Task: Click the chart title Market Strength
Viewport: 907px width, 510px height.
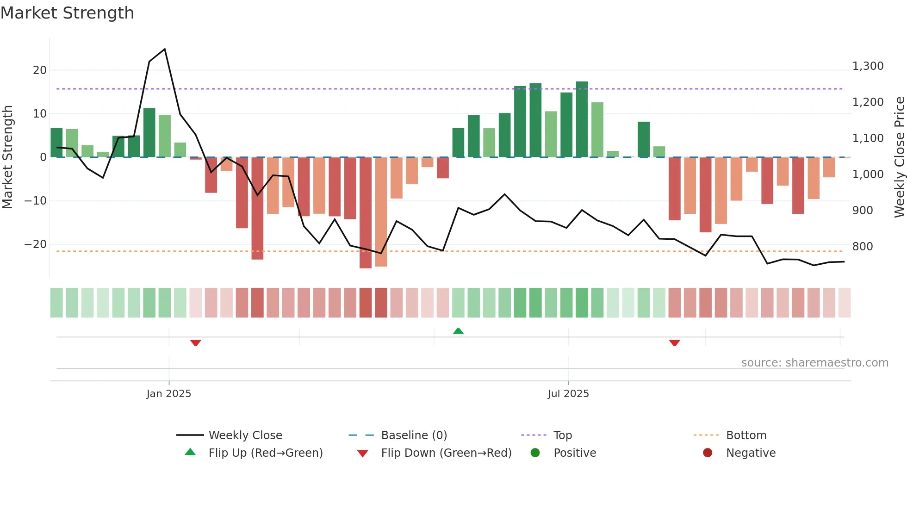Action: point(67,13)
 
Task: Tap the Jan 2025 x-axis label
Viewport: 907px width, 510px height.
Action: point(168,394)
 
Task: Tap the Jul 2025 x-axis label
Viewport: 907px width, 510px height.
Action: point(568,394)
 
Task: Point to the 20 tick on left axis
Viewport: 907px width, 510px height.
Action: point(40,70)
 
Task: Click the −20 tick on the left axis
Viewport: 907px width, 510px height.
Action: point(36,244)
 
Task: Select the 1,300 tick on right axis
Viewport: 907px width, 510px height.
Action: point(868,66)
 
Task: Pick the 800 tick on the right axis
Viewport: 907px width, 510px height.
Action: point(863,247)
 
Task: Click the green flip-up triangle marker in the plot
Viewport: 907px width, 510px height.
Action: point(458,331)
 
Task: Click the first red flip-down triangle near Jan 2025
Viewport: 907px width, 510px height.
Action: point(196,343)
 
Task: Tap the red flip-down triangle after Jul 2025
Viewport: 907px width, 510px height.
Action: point(674,343)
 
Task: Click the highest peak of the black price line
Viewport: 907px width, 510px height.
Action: point(165,49)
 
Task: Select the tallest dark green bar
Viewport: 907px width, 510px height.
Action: point(582,119)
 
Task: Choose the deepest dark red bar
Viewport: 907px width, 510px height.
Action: point(366,213)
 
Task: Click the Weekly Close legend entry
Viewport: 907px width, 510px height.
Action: point(245,435)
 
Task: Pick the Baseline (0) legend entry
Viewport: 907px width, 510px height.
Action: point(414,435)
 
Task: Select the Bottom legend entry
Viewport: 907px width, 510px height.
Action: point(746,435)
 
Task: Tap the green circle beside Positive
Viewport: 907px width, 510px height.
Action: point(535,453)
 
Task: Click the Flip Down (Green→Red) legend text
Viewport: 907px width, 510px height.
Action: point(446,453)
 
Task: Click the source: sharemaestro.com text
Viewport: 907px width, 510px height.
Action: point(814,363)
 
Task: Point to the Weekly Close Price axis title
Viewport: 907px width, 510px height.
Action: point(899,157)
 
